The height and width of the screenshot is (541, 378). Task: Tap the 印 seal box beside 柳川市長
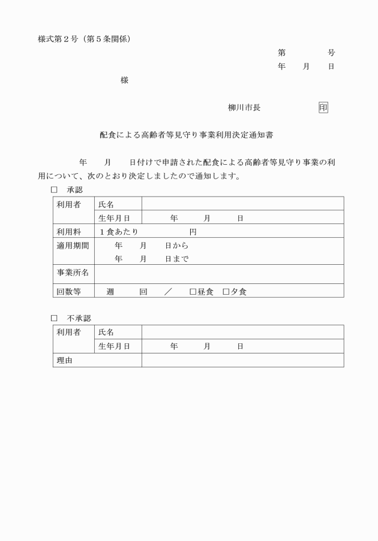click(323, 108)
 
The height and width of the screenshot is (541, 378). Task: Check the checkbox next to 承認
click(54, 190)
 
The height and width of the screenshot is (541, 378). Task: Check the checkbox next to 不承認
click(54, 318)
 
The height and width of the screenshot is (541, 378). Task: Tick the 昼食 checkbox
click(193, 292)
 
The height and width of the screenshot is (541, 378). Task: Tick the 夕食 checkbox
click(226, 292)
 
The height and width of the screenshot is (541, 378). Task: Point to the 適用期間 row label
click(73, 245)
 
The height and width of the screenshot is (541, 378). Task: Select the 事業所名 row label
click(73, 273)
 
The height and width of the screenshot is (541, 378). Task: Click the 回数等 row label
click(69, 292)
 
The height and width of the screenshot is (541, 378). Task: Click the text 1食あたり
click(119, 232)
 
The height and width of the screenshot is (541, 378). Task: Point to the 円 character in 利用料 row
click(193, 232)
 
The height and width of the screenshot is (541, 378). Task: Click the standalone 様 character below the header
click(124, 80)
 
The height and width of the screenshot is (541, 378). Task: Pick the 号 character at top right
click(331, 53)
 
